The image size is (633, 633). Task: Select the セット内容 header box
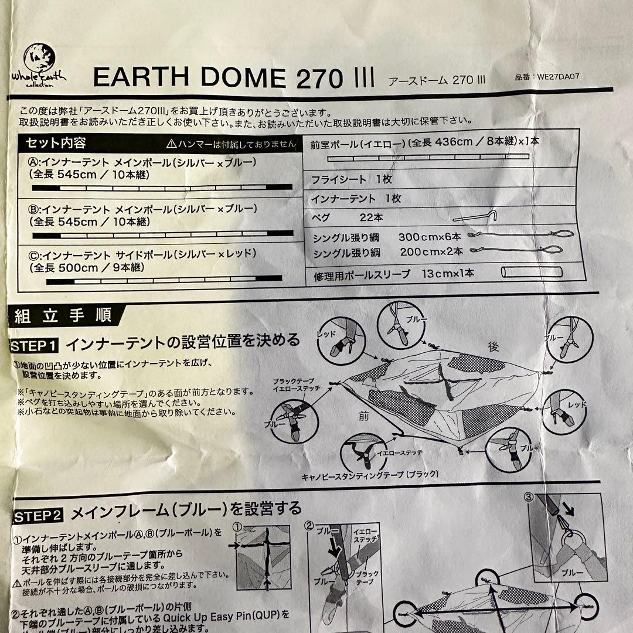tap(56, 143)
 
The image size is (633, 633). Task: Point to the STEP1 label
tap(34, 346)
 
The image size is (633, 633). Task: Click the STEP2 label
tap(36, 516)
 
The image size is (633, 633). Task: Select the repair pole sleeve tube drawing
tap(531, 273)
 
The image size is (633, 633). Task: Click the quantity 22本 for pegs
tap(372, 217)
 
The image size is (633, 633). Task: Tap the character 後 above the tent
tap(493, 348)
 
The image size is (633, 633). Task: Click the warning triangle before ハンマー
tap(171, 143)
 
